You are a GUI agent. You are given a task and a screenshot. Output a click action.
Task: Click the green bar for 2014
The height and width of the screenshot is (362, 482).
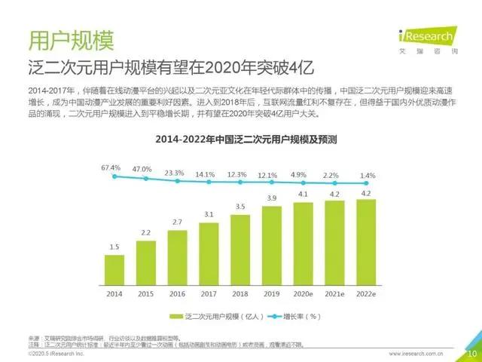pyautogui.click(x=114, y=266)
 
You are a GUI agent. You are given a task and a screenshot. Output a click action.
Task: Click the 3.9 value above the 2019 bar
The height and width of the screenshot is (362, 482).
pyautogui.click(x=271, y=198)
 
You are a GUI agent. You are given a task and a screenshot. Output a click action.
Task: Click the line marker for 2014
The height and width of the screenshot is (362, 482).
pyautogui.click(x=114, y=176)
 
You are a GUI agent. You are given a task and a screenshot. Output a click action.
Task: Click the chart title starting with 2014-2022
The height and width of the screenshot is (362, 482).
pyautogui.click(x=240, y=140)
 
